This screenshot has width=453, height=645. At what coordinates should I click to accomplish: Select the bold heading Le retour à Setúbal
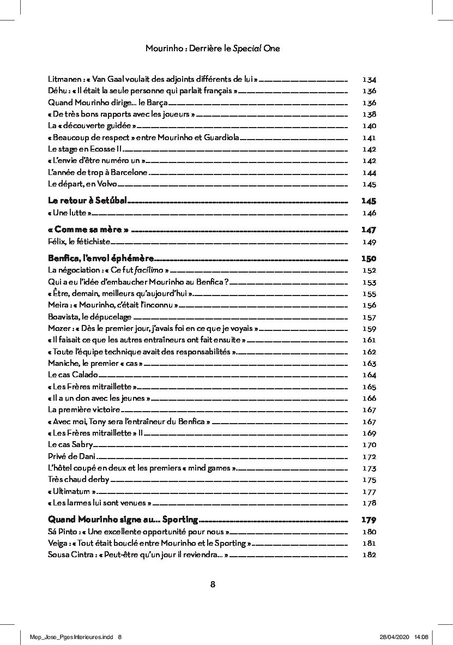[87, 201]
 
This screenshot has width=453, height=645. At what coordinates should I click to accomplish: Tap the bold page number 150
[369, 258]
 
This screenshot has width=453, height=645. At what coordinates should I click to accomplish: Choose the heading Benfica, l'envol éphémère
[101, 258]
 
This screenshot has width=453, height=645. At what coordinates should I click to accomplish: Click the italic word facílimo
[147, 270]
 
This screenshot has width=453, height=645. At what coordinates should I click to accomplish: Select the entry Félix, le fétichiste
[79, 242]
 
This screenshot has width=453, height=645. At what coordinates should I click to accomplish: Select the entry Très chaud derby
[78, 479]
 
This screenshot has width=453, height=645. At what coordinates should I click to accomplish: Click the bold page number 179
[369, 520]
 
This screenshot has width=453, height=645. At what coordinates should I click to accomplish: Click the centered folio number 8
[213, 584]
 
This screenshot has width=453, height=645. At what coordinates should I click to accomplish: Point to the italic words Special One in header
[256, 49]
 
